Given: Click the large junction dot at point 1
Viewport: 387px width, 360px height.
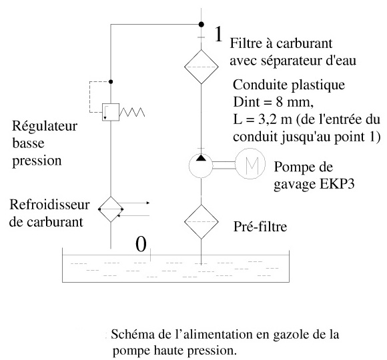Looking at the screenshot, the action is [x=202, y=25].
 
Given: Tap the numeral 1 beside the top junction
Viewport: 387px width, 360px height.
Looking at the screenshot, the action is [x=218, y=34].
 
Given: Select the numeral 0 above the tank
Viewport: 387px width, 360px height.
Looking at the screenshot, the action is [x=141, y=245].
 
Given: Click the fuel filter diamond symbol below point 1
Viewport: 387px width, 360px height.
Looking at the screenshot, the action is [x=201, y=67].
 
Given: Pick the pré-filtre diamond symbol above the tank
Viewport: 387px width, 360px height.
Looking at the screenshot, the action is [x=201, y=222].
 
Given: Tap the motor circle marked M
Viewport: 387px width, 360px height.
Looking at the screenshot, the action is [x=250, y=163].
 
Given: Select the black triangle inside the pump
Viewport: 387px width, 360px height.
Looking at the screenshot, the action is [x=201, y=157].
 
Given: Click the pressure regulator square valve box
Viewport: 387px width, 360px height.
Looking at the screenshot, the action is [x=111, y=112].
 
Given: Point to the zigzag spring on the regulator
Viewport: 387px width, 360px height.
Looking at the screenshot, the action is [x=132, y=112].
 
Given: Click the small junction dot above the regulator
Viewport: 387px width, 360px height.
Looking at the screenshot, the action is [x=111, y=81].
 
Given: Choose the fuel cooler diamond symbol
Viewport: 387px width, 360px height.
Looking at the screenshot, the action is [x=111, y=209].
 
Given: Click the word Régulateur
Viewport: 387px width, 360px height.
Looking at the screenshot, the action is [x=45, y=126].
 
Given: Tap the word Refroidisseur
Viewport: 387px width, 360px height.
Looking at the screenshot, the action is [x=49, y=205].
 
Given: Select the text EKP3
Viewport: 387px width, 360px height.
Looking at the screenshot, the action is [x=337, y=184].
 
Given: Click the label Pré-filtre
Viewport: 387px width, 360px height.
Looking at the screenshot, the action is [x=260, y=227].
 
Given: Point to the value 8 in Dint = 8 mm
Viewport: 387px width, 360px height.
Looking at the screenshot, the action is [x=279, y=102].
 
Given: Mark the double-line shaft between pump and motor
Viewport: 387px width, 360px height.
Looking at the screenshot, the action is [x=224, y=165].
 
